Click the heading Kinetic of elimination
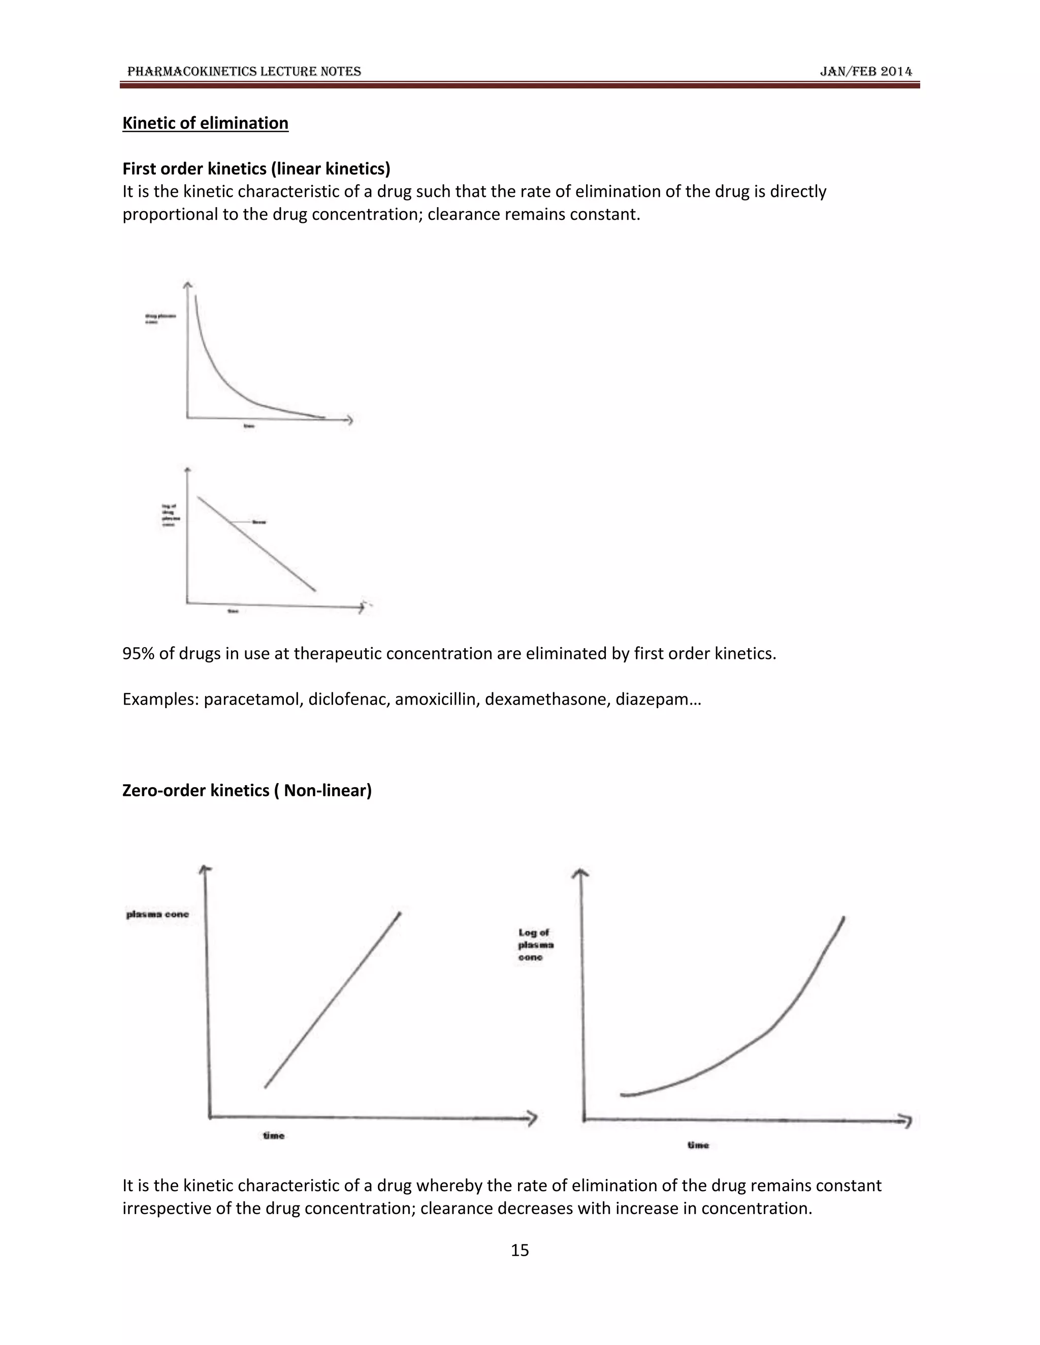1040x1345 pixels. (x=205, y=123)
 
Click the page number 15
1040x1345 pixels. (x=519, y=1250)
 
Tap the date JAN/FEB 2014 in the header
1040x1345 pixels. (x=866, y=72)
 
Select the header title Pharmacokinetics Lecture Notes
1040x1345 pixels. (x=244, y=72)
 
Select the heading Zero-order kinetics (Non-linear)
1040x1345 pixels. (x=246, y=790)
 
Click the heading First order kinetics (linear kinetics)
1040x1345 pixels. (x=256, y=169)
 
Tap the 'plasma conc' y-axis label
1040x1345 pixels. (x=158, y=914)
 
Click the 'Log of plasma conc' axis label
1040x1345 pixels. (x=535, y=945)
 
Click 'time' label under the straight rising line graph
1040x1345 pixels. (x=274, y=1135)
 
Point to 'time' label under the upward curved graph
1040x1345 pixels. (x=698, y=1145)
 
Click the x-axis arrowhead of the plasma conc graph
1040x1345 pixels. (x=531, y=1118)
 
